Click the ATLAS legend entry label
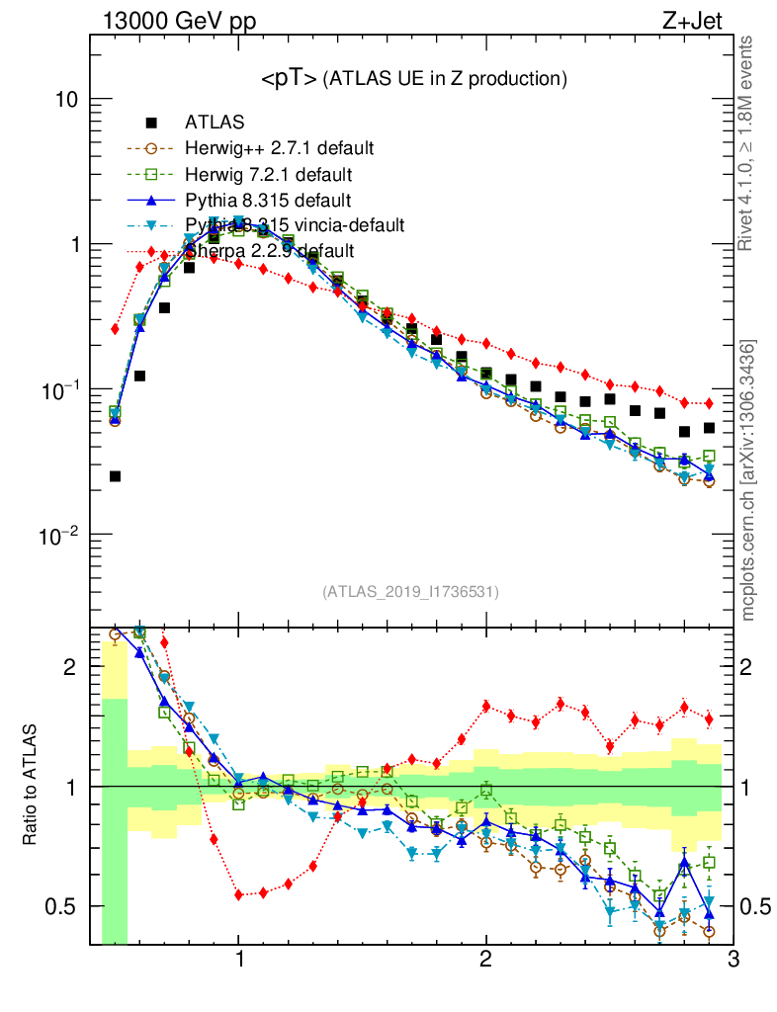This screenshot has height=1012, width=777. coord(215,124)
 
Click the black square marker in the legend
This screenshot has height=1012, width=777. coord(151,124)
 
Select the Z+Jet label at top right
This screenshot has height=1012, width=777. coord(701,20)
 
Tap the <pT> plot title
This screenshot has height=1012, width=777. coord(413,79)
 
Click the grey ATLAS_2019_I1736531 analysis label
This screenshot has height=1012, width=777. coord(410,592)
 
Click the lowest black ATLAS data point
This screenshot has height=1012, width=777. coord(116,476)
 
